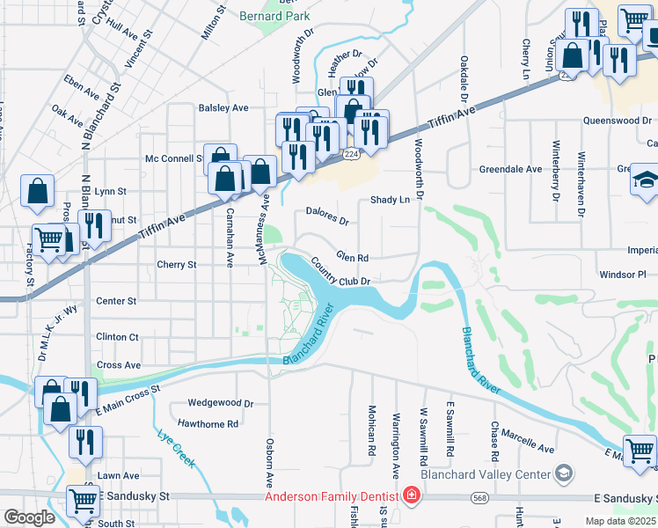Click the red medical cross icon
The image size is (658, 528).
(410, 496)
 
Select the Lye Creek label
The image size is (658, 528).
(176, 446)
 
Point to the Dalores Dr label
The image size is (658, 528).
(327, 211)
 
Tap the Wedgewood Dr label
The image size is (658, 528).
(220, 403)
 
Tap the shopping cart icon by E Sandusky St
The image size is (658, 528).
(84, 501)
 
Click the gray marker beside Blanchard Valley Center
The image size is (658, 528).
(563, 474)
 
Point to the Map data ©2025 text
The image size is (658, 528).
(619, 521)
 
